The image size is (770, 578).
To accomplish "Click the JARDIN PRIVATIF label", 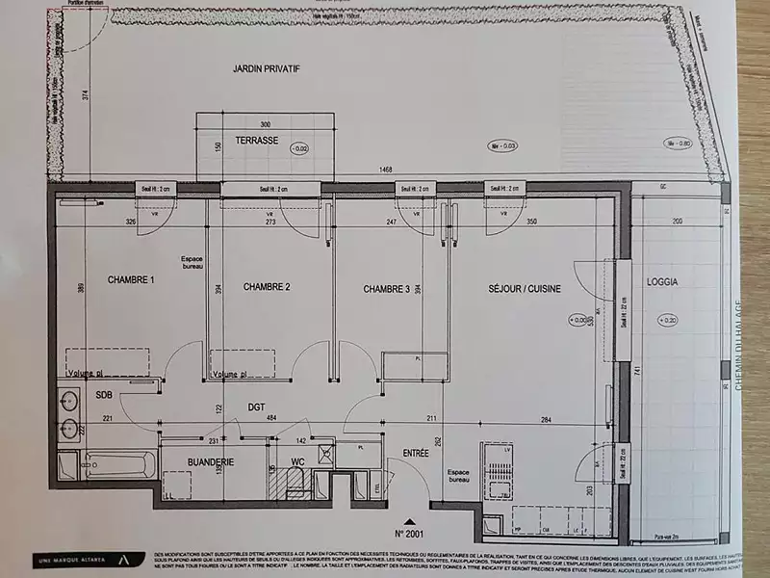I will point(267,69).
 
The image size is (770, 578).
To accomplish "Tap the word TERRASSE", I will point(256,141).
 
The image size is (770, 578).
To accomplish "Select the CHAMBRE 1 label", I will point(131,279).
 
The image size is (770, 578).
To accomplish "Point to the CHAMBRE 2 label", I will point(267,287).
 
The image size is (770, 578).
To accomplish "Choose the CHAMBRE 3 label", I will point(387,289).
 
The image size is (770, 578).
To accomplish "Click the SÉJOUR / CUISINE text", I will point(524,288).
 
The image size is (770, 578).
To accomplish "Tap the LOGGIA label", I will point(663,283).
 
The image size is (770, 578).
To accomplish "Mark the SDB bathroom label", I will point(104,395).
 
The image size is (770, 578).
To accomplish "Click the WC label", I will point(298,461).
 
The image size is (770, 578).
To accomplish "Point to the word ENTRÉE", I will point(416,452).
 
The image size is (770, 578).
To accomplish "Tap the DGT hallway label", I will point(255,407).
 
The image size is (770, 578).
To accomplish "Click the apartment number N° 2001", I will point(410,531).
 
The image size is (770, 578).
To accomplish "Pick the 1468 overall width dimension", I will point(384,170).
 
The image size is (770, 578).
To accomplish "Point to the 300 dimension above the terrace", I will point(266,124).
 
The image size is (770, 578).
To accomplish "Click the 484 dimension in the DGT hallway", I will point(272,417).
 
